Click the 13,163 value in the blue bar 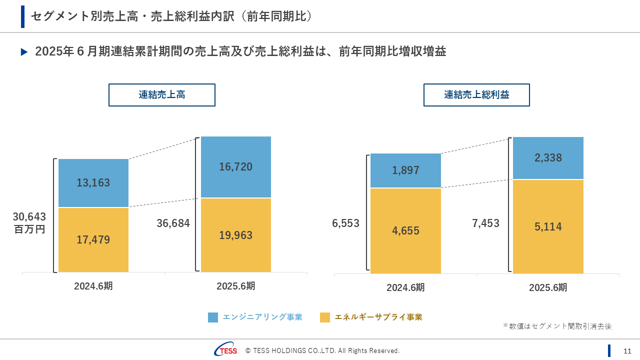pyautogui.click(x=93, y=183)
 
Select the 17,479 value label pyautogui.click(x=93, y=240)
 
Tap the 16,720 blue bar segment pyautogui.click(x=236, y=167)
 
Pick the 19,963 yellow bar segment pyautogui.click(x=236, y=235)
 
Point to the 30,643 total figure pyautogui.click(x=29, y=217)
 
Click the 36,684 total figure pyautogui.click(x=173, y=223)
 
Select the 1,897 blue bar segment pyautogui.click(x=405, y=170)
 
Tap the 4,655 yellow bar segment pyautogui.click(x=405, y=231)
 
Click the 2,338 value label pyautogui.click(x=548, y=158)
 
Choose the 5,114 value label pyautogui.click(x=548, y=227)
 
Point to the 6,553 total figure pyautogui.click(x=345, y=223)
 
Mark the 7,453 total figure pyautogui.click(x=485, y=223)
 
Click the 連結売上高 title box pyautogui.click(x=162, y=95)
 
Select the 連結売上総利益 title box pyautogui.click(x=476, y=95)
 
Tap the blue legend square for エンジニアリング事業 pyautogui.click(x=213, y=317)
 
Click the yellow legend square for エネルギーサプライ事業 pyautogui.click(x=325, y=317)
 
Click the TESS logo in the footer pyautogui.click(x=226, y=350)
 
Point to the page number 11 pyautogui.click(x=627, y=350)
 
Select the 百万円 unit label pyautogui.click(x=29, y=230)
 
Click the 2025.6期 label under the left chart pyautogui.click(x=236, y=286)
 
